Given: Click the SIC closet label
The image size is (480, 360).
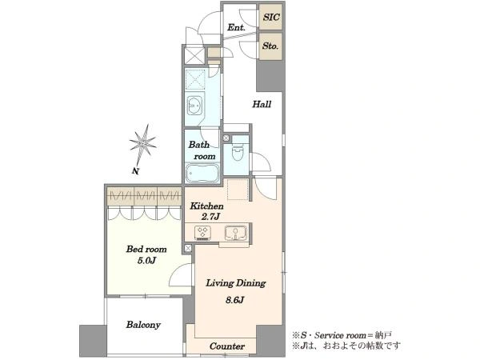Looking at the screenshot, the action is click(x=271, y=17).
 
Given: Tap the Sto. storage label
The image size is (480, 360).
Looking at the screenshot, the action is click(x=270, y=46).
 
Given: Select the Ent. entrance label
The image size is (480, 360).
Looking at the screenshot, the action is click(x=236, y=27).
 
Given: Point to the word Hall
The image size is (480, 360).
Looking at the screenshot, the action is click(x=262, y=104).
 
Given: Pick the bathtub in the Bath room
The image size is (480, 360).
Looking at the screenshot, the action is click(x=202, y=173).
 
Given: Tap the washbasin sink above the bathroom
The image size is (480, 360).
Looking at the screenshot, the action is click(x=194, y=106).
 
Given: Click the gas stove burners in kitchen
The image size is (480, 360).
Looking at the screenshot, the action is click(x=202, y=233).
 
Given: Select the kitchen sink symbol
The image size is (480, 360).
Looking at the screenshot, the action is click(x=236, y=234).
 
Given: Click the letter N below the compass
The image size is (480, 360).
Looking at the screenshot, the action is click(x=135, y=171).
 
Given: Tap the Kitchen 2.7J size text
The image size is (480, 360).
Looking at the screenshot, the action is click(x=210, y=217).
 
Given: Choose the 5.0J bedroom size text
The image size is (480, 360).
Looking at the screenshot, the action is click(x=146, y=261).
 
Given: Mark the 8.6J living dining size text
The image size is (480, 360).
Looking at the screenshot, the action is click(x=234, y=300).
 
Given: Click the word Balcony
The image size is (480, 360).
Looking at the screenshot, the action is click(x=143, y=325).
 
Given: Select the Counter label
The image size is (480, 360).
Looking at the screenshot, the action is click(x=227, y=346).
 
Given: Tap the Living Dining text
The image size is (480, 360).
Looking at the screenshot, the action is click(x=236, y=283).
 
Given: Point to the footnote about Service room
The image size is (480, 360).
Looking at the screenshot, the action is click(x=342, y=335).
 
